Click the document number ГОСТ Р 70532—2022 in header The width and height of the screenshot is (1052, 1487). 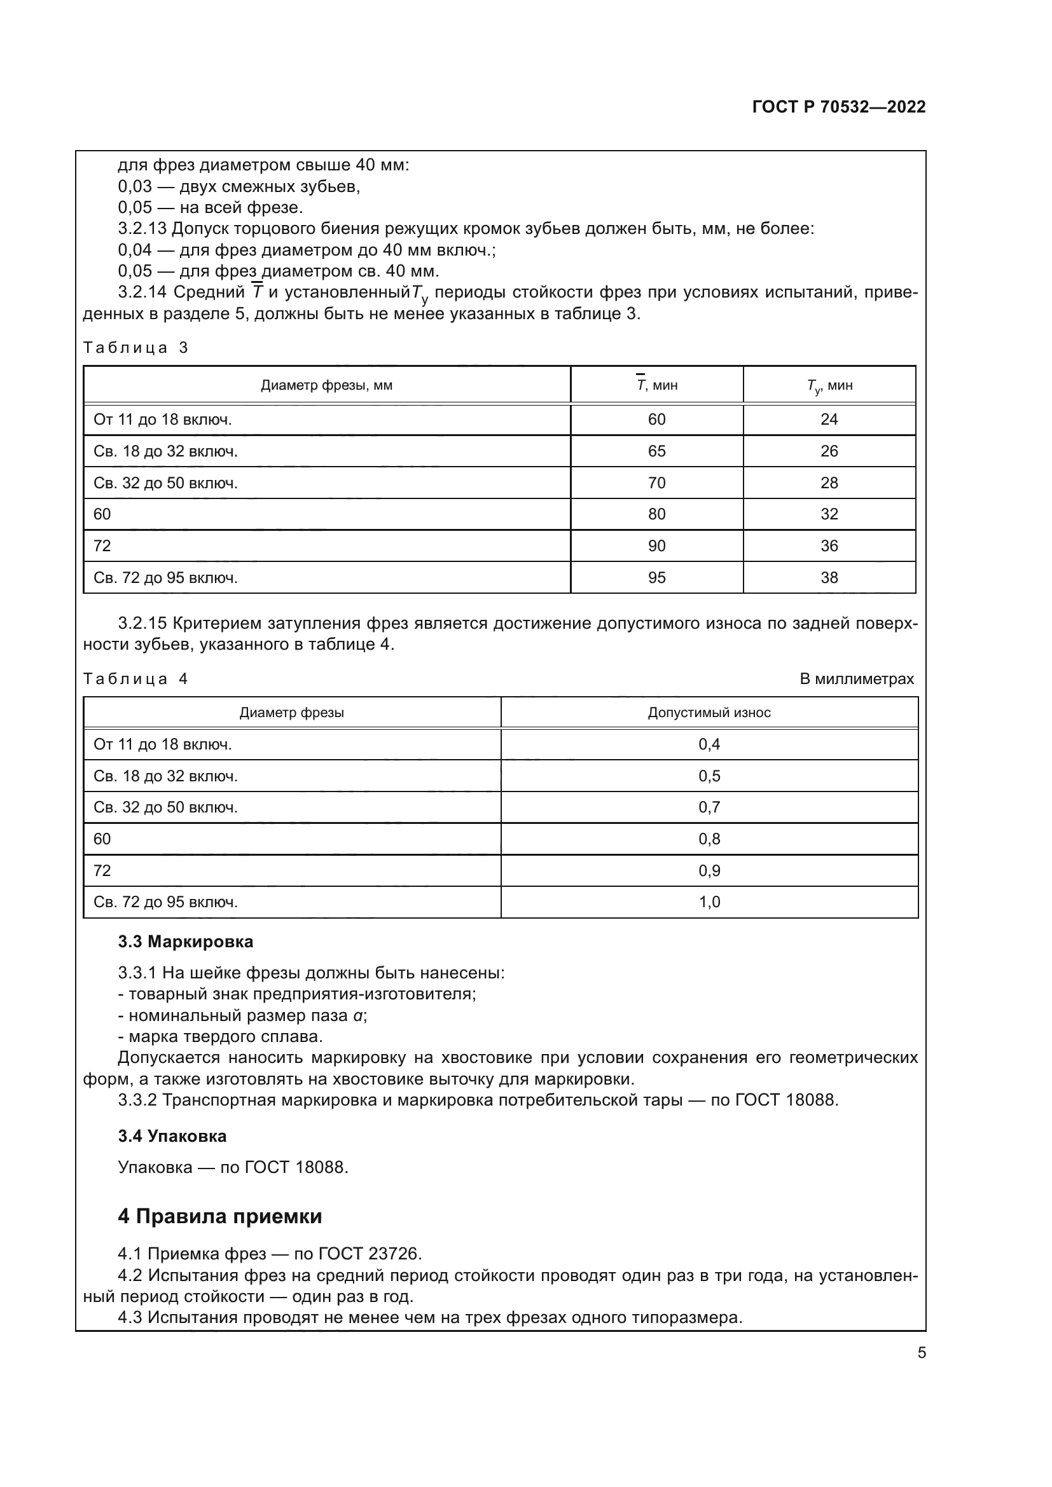[838, 107]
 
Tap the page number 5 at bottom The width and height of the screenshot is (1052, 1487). [921, 1352]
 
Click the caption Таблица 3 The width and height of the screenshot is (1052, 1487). [135, 348]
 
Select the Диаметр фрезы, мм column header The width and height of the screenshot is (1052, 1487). [326, 385]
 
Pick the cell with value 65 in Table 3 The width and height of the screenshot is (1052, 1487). [656, 451]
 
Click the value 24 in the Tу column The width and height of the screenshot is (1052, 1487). [829, 420]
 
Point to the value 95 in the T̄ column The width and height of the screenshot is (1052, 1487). [656, 578]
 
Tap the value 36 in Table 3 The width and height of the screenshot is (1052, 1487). [829, 546]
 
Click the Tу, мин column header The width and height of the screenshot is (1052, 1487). [829, 386]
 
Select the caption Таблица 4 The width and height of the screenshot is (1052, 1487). [135, 679]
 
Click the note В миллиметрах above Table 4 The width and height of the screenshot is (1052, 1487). [856, 679]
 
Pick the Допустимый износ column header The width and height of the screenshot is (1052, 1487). [709, 713]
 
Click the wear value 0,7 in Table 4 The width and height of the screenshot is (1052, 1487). [709, 807]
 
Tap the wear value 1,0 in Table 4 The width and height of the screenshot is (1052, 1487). [709, 901]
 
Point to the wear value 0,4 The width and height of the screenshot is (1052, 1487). [709, 744]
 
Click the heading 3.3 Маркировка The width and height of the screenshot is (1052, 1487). [185, 942]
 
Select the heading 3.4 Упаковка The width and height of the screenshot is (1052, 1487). [172, 1136]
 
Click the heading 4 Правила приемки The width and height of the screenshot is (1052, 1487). [219, 1216]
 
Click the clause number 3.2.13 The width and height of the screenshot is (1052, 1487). [142, 229]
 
